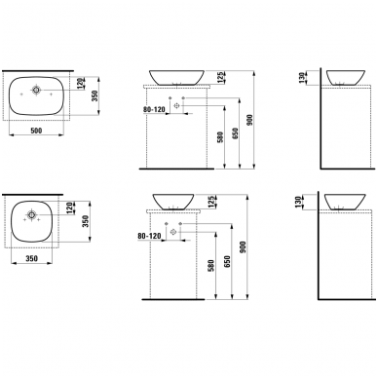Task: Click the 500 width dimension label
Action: click(36, 131)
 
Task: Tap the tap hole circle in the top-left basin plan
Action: click(36, 90)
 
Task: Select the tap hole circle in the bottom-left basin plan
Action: click(31, 214)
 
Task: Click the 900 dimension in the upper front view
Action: click(249, 120)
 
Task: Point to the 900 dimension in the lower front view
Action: click(244, 247)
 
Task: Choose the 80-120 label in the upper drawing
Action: click(154, 110)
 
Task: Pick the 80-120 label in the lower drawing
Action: click(149, 236)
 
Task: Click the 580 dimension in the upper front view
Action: click(220, 138)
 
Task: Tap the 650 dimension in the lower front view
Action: click(227, 262)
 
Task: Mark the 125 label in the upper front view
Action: click(220, 77)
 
